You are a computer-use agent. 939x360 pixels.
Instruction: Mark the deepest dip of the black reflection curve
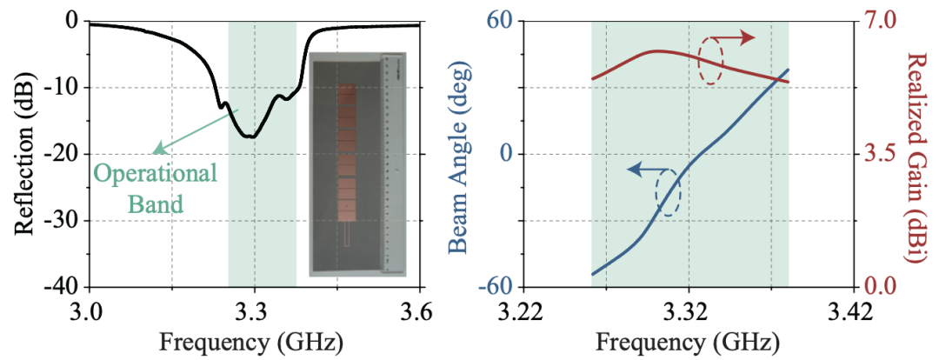click(x=251, y=137)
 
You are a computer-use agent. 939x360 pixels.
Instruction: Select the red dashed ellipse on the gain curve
click(x=711, y=62)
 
